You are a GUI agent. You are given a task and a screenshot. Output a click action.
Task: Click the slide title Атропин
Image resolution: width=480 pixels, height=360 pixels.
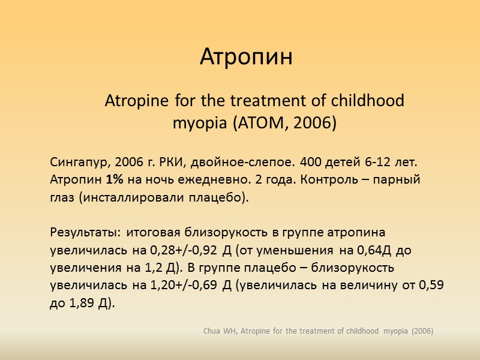[x=246, y=58]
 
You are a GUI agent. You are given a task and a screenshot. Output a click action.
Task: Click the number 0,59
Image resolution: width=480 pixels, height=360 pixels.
[x=431, y=286]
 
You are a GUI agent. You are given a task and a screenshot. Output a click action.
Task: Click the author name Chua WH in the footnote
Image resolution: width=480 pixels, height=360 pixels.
[x=220, y=331]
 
